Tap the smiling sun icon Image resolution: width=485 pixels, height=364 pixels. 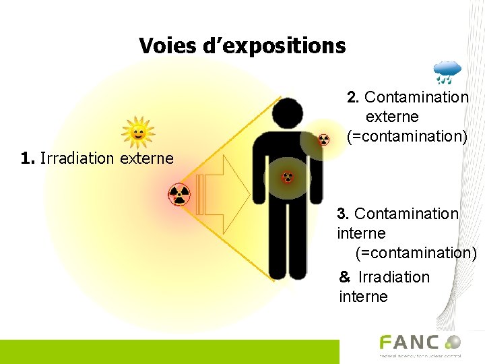pyautogui.click(x=137, y=133)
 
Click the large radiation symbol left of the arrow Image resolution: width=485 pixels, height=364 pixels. pyautogui.click(x=179, y=195)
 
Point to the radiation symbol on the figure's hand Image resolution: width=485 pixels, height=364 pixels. pyautogui.click(x=324, y=140)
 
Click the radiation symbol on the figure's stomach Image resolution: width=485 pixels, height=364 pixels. pyautogui.click(x=288, y=177)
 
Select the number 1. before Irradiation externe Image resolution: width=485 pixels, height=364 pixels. pyautogui.click(x=28, y=158)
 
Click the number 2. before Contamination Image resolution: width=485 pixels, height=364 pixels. pyautogui.click(x=353, y=97)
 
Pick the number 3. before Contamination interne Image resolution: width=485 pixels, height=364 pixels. pyautogui.click(x=343, y=214)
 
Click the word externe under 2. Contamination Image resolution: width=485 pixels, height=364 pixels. pyautogui.click(x=392, y=117)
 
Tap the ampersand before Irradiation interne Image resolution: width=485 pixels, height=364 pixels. pyautogui.click(x=345, y=277)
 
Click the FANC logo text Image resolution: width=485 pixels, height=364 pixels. pyautogui.click(x=409, y=343)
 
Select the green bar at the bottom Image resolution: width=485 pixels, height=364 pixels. pyautogui.click(x=168, y=352)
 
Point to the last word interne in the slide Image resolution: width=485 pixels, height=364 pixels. pyautogui.click(x=363, y=297)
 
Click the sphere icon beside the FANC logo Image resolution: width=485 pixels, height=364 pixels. pyautogui.click(x=453, y=342)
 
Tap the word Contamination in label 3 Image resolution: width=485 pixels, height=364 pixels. pyautogui.click(x=406, y=214)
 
